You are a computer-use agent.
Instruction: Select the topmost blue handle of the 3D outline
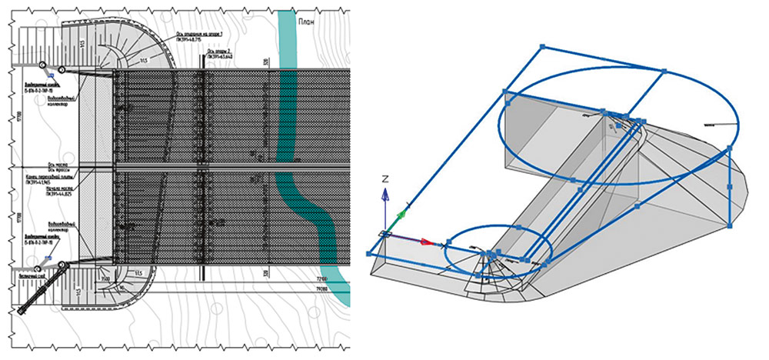coord(544,47)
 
